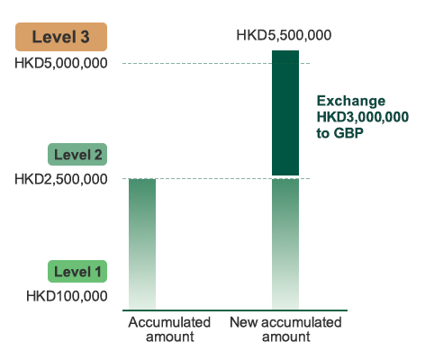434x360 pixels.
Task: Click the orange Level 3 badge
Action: [61, 37]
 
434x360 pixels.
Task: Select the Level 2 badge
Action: [77, 154]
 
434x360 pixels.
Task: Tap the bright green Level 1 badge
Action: [77, 271]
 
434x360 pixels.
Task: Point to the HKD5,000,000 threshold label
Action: [61, 63]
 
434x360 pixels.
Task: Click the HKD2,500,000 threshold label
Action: [61, 179]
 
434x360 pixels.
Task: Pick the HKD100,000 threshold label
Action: [67, 296]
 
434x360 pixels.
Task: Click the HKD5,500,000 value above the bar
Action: [284, 35]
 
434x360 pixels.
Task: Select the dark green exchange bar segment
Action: [285, 112]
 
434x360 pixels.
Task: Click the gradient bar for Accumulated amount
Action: [142, 244]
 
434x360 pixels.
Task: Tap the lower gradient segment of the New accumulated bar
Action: [285, 244]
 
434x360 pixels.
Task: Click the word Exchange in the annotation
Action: [351, 101]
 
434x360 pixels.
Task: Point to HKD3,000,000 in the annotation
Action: [363, 117]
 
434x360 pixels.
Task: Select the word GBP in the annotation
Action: [348, 133]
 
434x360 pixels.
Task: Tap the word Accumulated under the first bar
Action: [169, 322]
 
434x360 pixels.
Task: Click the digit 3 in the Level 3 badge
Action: [85, 37]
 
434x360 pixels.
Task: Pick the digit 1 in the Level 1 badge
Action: [98, 272]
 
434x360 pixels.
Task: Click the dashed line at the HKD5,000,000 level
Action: [216, 63]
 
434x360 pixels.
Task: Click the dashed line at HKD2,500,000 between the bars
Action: [213, 178]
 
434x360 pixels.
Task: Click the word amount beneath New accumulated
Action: [286, 337]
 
